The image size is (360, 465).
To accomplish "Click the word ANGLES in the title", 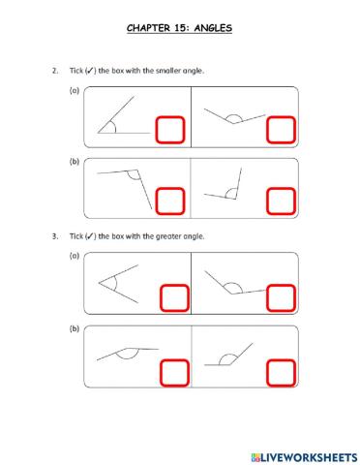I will (x=211, y=28).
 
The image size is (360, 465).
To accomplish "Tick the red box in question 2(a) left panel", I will (x=170, y=131).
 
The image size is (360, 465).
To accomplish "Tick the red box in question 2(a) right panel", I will (x=281, y=131).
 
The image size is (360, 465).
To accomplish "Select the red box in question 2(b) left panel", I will (x=170, y=201).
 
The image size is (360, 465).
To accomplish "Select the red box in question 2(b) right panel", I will (x=281, y=201).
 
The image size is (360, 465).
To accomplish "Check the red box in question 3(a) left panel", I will (x=171, y=297).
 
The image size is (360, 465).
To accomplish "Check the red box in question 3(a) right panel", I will (x=281, y=297).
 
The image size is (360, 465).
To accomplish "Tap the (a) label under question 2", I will (x=73, y=90).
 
